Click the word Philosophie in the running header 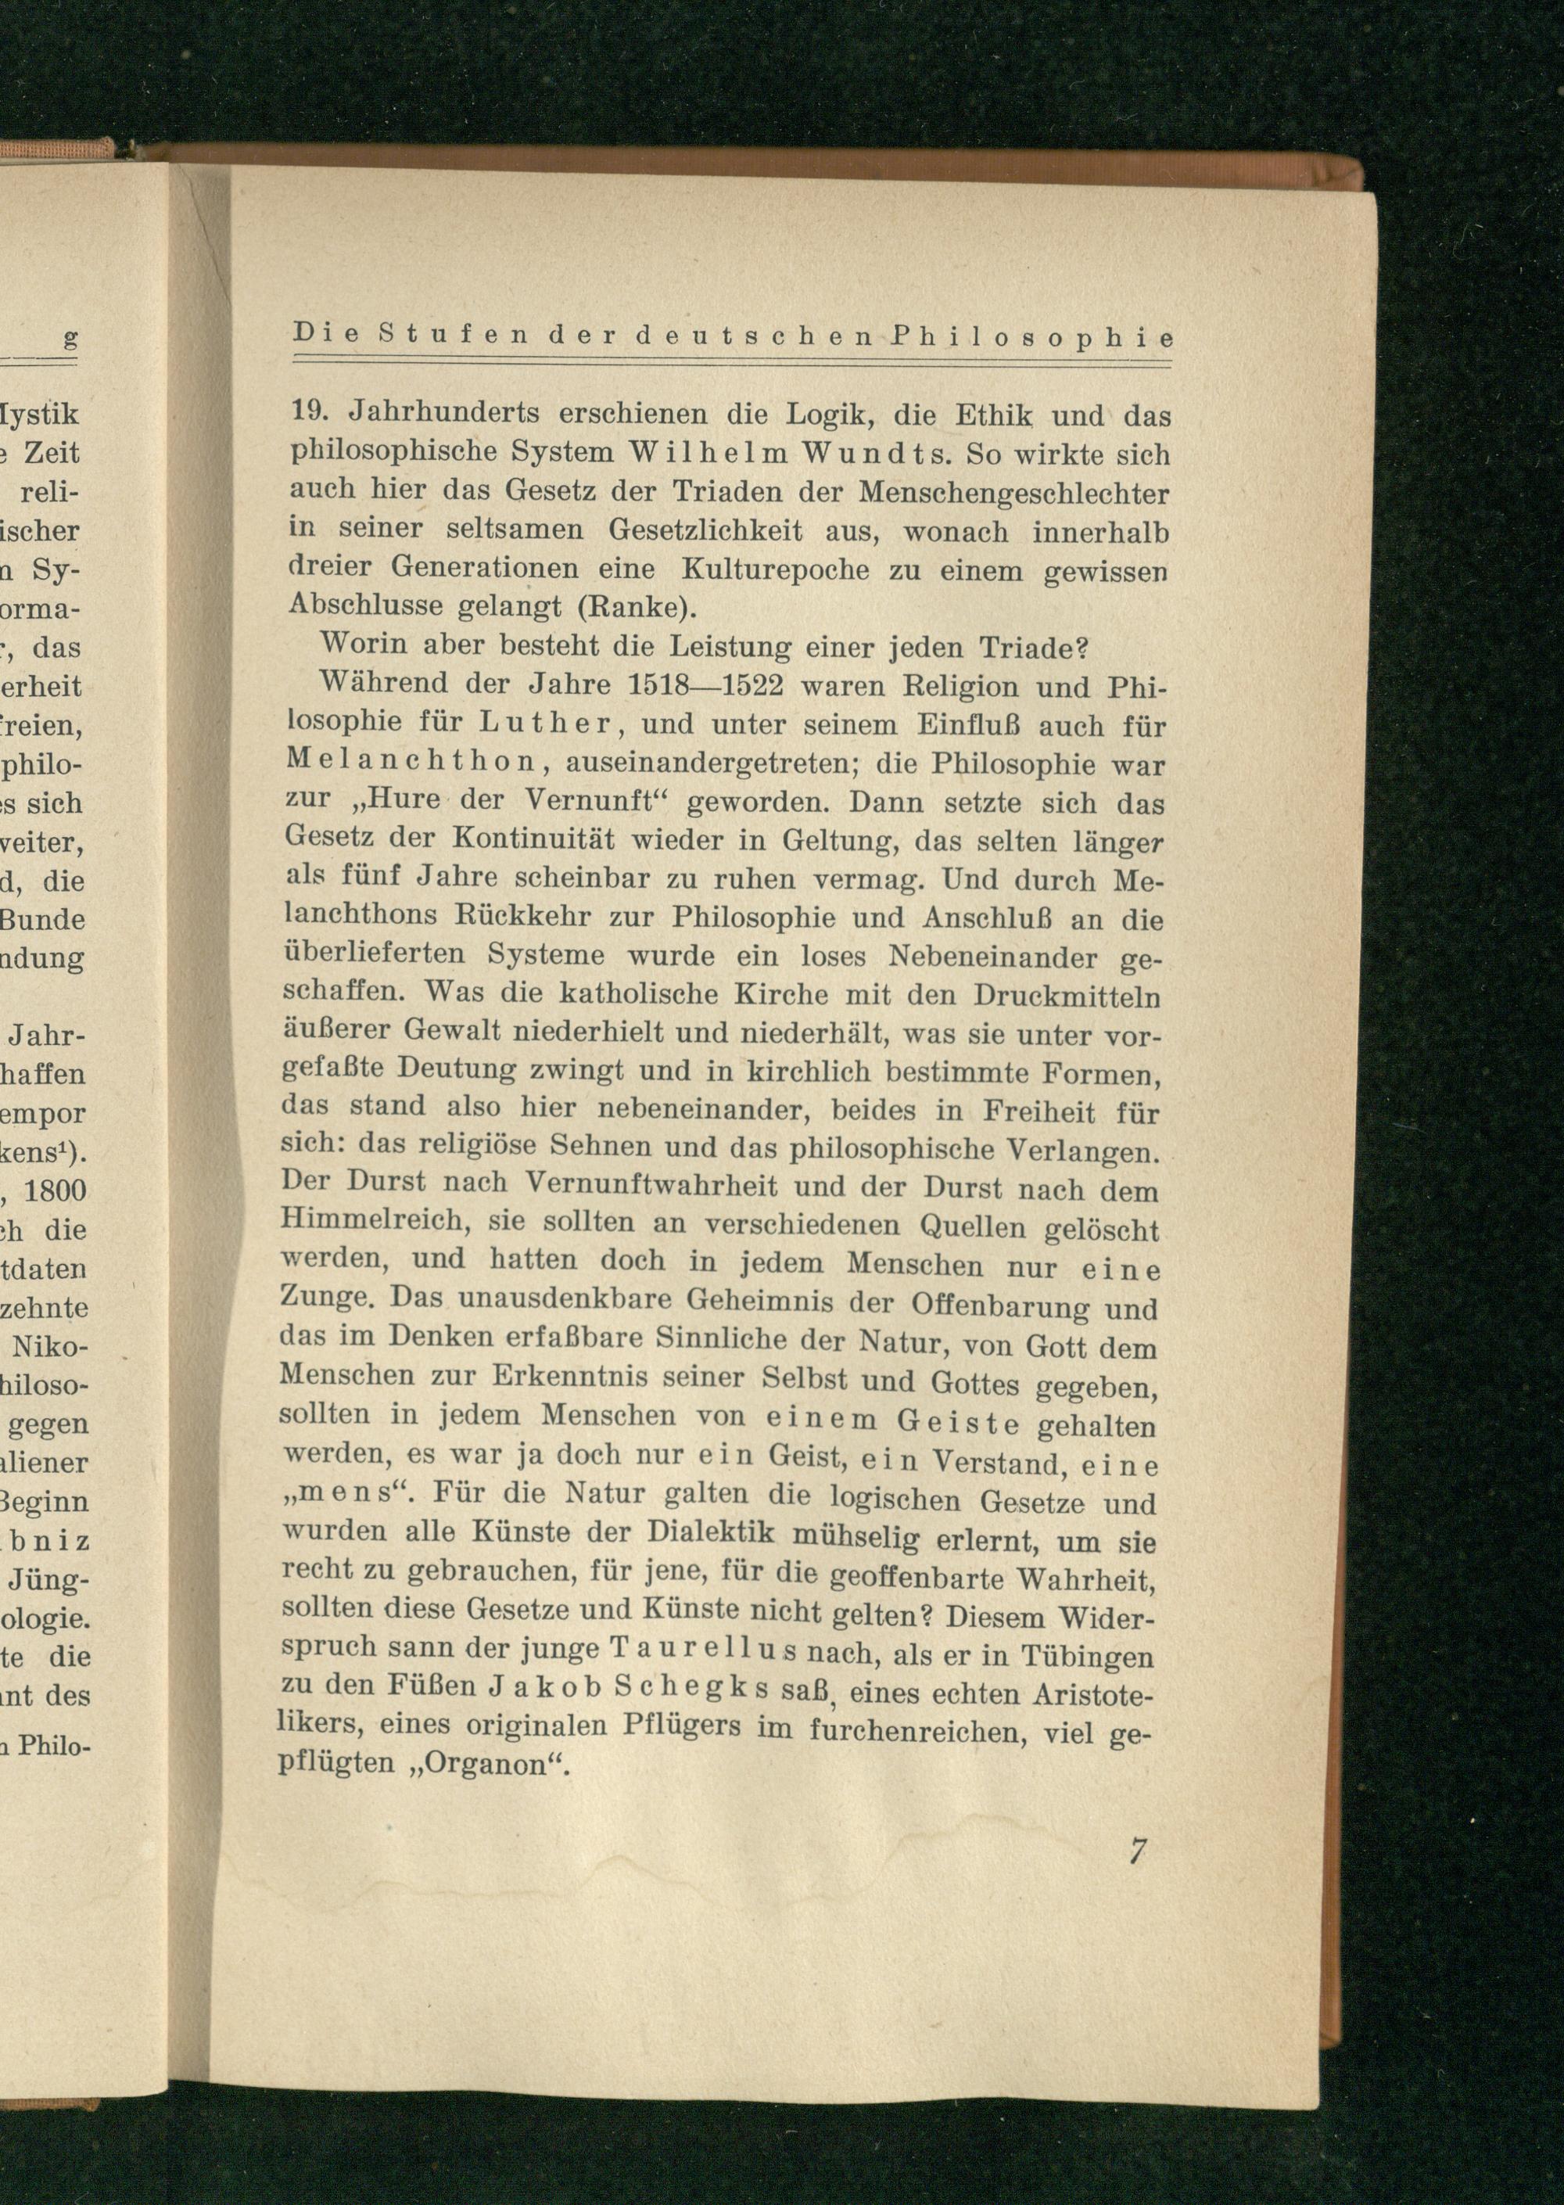tap(1032, 338)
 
